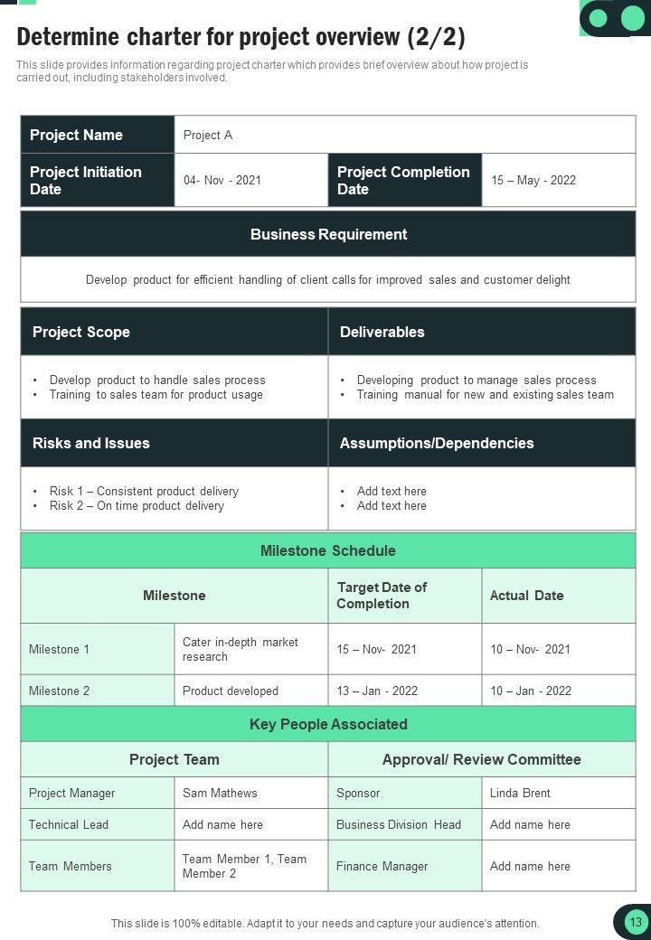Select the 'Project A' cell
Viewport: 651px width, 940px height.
pyautogui.click(x=208, y=135)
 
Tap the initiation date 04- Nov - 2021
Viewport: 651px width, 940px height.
pyautogui.click(x=222, y=180)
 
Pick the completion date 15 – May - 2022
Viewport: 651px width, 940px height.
pyautogui.click(x=533, y=180)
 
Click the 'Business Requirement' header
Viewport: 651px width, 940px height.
pyautogui.click(x=328, y=234)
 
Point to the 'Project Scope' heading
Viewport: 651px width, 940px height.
pyautogui.click(x=81, y=332)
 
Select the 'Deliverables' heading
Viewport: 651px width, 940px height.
pyautogui.click(x=382, y=332)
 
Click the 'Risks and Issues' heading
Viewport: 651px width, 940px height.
pyautogui.click(x=91, y=443)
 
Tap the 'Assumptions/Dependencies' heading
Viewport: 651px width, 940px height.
pyautogui.click(x=437, y=443)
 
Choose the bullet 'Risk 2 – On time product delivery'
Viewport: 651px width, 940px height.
pyautogui.click(x=137, y=506)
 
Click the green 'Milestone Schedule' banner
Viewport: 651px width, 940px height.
pyautogui.click(x=328, y=550)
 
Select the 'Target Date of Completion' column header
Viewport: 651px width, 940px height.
pyautogui.click(x=382, y=596)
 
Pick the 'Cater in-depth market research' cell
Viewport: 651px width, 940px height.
pyautogui.click(x=241, y=649)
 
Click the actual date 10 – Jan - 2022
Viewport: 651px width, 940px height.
pyautogui.click(x=531, y=691)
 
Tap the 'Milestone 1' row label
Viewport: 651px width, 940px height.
pyautogui.click(x=60, y=649)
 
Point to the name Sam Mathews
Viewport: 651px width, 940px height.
pyautogui.click(x=220, y=793)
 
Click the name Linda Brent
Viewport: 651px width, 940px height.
pyautogui.click(x=520, y=793)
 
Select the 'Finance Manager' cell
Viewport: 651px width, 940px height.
pyautogui.click(x=382, y=866)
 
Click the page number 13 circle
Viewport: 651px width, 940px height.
pyautogui.click(x=636, y=922)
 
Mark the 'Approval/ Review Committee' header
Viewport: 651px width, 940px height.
pyautogui.click(x=482, y=759)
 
